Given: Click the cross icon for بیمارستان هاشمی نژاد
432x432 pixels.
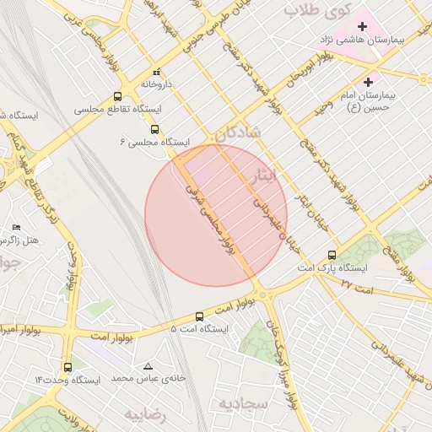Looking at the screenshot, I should pos(362,26).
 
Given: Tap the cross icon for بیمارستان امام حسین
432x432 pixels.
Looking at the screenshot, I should pos(367,82).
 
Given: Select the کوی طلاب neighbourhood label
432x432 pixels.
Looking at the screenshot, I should pos(314,9).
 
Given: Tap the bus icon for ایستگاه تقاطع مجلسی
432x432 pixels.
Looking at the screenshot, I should pos(117,96).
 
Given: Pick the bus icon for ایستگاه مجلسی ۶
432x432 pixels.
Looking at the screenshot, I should pos(154,129).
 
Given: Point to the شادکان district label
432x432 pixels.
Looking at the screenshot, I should pos(238,133).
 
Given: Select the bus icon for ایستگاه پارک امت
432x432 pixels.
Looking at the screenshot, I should pos(332,254).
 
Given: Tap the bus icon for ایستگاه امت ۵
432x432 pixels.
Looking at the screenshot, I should pos(199,316).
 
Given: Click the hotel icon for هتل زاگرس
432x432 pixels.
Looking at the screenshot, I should pos(16,228).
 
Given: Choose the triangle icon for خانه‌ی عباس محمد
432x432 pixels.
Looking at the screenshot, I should pos(148,367).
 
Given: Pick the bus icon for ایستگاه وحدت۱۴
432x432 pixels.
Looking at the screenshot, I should pos(67,367).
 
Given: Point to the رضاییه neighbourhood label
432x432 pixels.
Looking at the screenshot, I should pos(148,415).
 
